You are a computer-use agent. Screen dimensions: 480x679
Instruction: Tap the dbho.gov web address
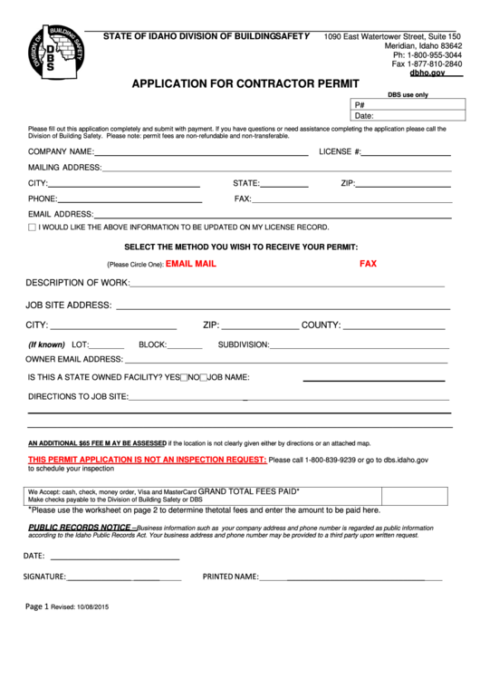(x=428, y=73)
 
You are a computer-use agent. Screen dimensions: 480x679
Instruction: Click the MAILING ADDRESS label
(x=64, y=168)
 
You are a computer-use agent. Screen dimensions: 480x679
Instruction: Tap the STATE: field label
(x=246, y=183)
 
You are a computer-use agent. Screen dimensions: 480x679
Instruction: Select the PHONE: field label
(x=43, y=199)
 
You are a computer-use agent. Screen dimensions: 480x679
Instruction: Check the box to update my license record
(x=33, y=228)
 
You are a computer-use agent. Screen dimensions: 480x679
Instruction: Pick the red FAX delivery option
(x=368, y=264)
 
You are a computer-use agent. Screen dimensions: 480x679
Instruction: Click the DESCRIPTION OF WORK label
(x=77, y=283)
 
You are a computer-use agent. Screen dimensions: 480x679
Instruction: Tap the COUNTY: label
(x=321, y=325)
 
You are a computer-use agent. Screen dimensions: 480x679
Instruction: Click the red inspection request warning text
(x=147, y=461)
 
